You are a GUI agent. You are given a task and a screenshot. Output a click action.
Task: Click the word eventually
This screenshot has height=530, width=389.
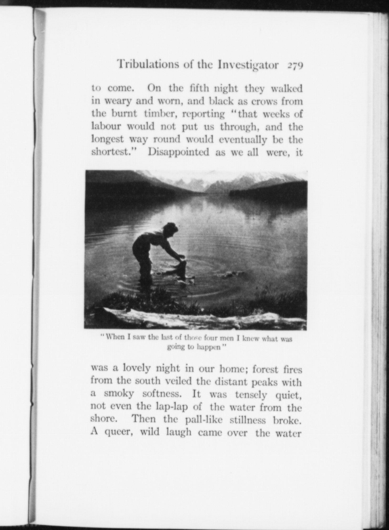coord(243,139)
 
